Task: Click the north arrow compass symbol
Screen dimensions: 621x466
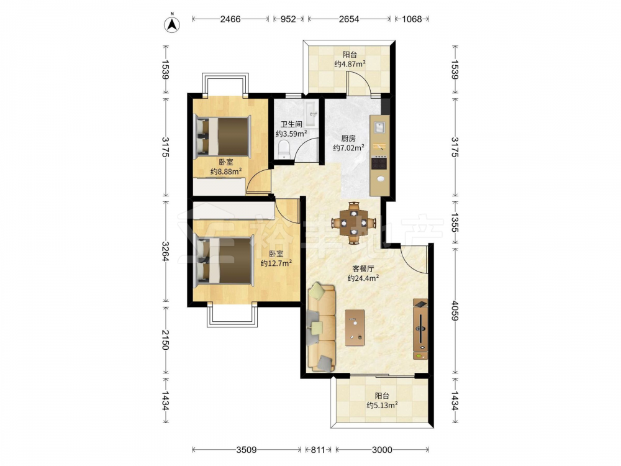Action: (x=172, y=24)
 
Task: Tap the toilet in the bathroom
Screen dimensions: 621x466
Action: (x=284, y=149)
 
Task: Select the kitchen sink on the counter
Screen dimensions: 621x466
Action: (x=380, y=127)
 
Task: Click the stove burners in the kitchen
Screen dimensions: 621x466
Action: (x=379, y=163)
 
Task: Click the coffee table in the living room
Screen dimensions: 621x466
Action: (x=355, y=327)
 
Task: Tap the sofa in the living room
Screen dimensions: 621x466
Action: (x=321, y=327)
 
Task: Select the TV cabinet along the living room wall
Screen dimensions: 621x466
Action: (x=420, y=329)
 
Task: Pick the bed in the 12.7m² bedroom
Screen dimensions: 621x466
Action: (x=224, y=260)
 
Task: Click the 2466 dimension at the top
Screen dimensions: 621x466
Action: (x=230, y=19)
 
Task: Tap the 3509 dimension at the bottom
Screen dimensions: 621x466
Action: (x=247, y=450)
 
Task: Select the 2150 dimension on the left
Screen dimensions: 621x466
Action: (x=165, y=340)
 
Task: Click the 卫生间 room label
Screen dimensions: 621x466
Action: (x=291, y=124)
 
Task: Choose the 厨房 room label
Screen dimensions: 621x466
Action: (x=348, y=139)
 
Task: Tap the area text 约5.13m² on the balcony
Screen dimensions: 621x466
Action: (x=382, y=405)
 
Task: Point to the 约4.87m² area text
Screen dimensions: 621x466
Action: (x=350, y=64)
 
